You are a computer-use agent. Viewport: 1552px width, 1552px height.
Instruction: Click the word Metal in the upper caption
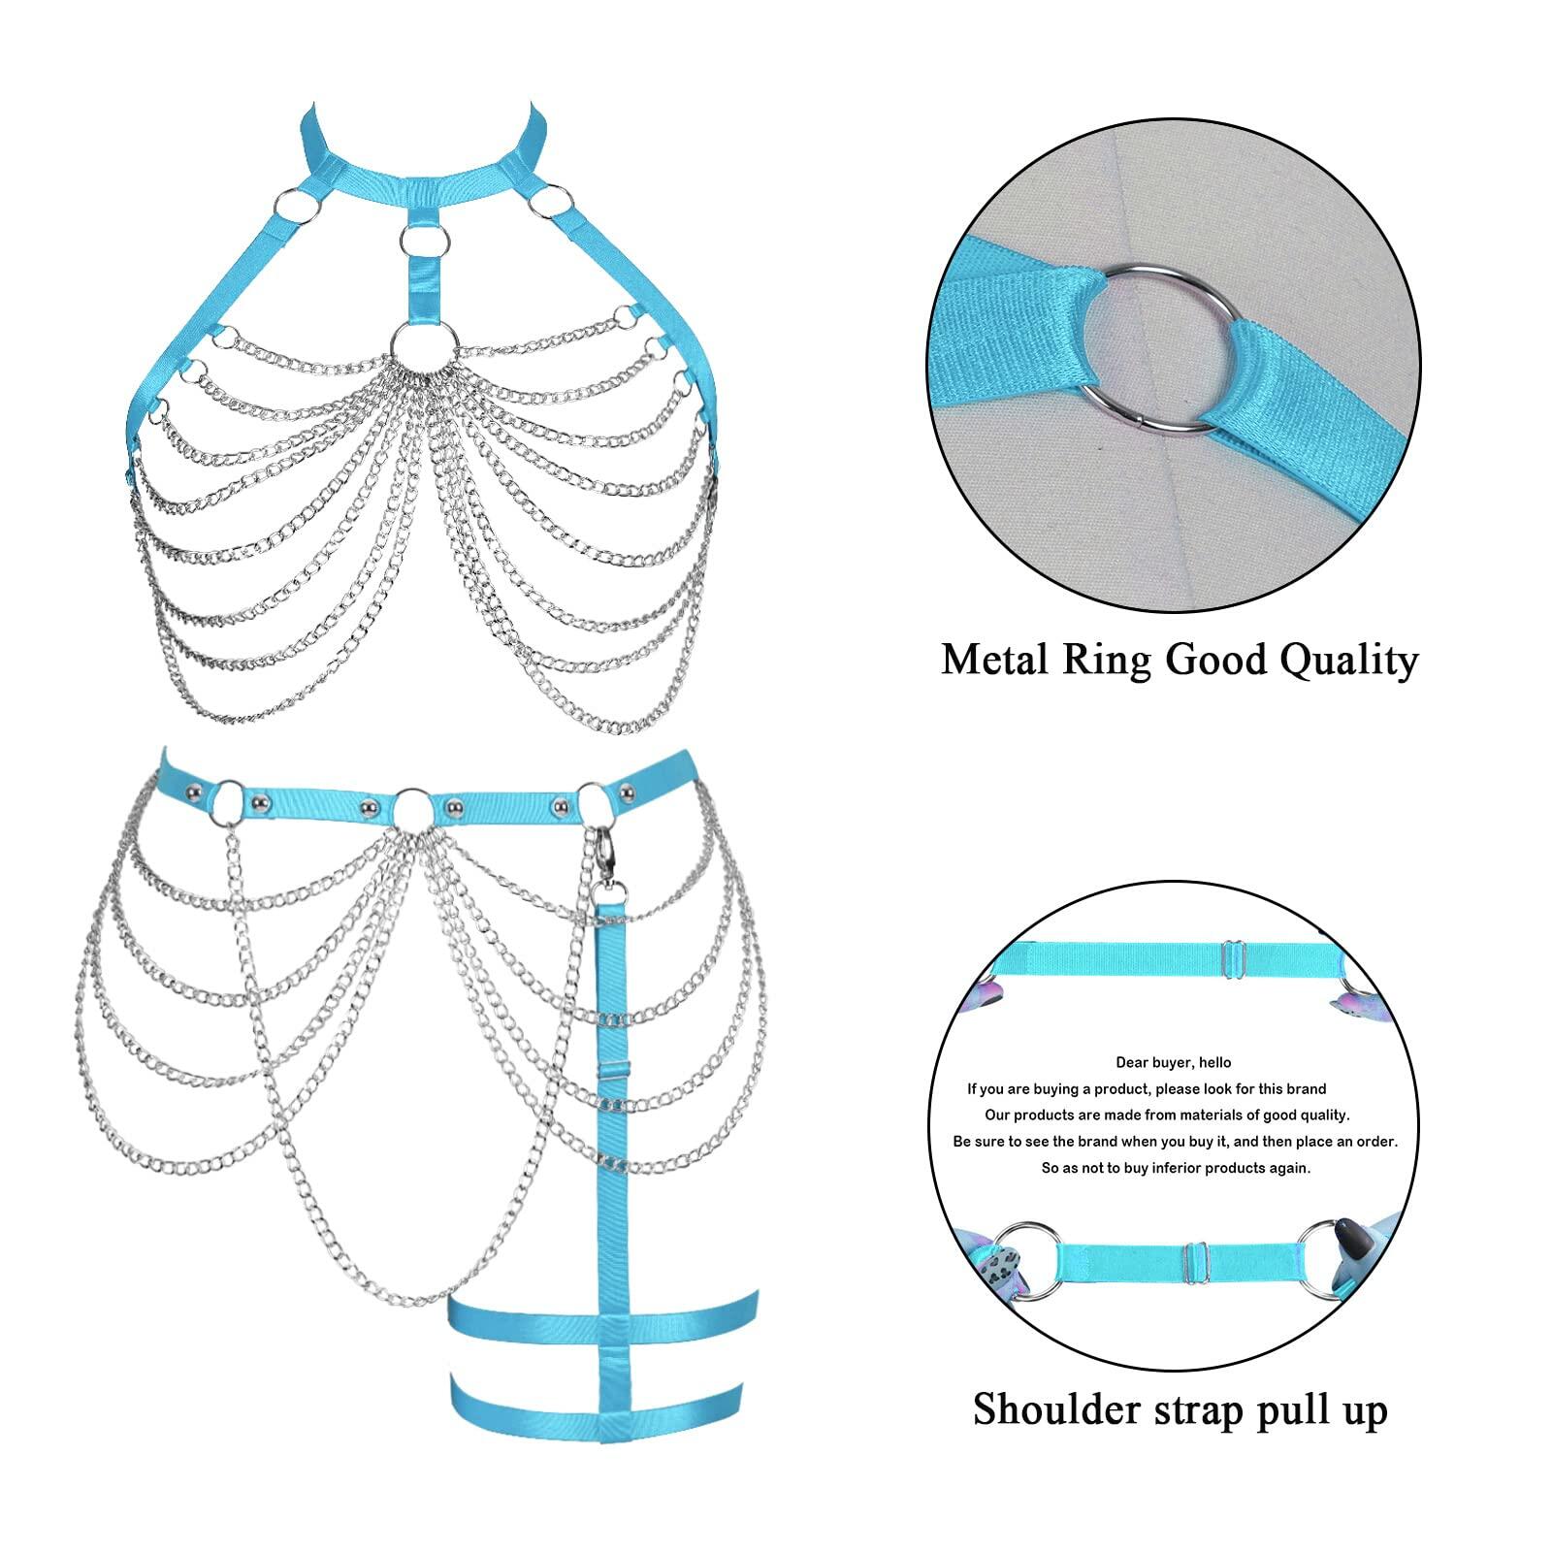point(995,661)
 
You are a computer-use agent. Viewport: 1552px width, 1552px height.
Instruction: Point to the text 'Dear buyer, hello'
point(1174,1062)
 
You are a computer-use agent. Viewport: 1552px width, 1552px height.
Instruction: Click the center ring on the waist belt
point(412,807)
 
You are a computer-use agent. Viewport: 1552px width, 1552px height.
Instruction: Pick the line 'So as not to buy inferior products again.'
point(1176,1168)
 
